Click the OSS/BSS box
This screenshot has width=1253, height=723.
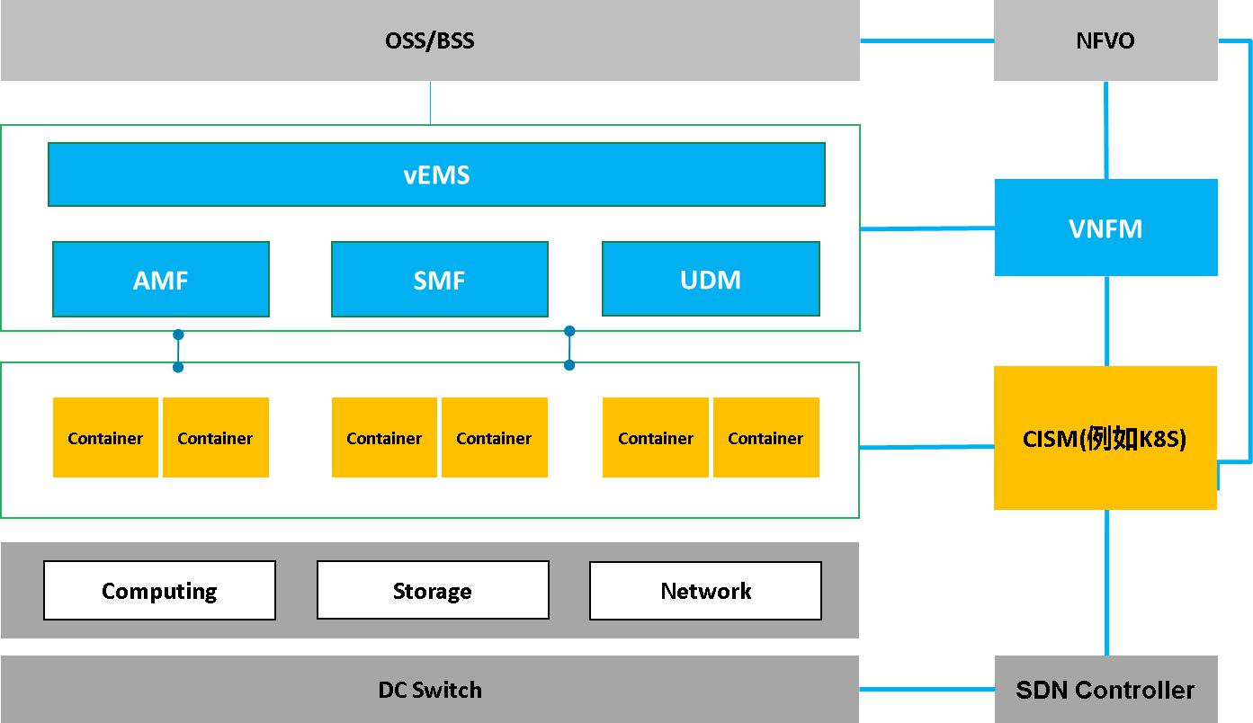pyautogui.click(x=430, y=40)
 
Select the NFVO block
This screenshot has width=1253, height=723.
pyautogui.click(x=1105, y=40)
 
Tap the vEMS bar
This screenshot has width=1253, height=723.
pyautogui.click(x=436, y=174)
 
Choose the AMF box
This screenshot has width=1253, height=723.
pyautogui.click(x=161, y=280)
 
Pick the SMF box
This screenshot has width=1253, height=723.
pyautogui.click(x=440, y=280)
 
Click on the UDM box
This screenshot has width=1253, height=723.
pyautogui.click(x=711, y=280)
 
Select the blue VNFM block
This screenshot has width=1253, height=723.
pyautogui.click(x=1105, y=228)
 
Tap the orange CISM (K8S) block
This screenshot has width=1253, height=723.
pyautogui.click(x=1105, y=438)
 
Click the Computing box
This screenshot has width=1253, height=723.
pyautogui.click(x=159, y=591)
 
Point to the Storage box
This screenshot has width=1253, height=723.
pyautogui.click(x=433, y=591)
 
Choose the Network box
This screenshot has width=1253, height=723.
pyautogui.click(x=705, y=591)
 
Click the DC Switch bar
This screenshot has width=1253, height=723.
pyautogui.click(x=430, y=690)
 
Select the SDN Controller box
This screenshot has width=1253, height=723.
pyautogui.click(x=1105, y=690)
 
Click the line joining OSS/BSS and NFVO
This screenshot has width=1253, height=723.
pyautogui.click(x=926, y=40)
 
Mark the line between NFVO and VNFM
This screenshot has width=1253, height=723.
pyautogui.click(x=1105, y=129)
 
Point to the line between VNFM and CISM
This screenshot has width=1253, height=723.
pyautogui.click(x=1106, y=320)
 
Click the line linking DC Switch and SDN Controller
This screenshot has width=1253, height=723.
pyautogui.click(x=926, y=690)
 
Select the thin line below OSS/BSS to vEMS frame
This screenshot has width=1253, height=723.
pyautogui.click(x=430, y=103)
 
